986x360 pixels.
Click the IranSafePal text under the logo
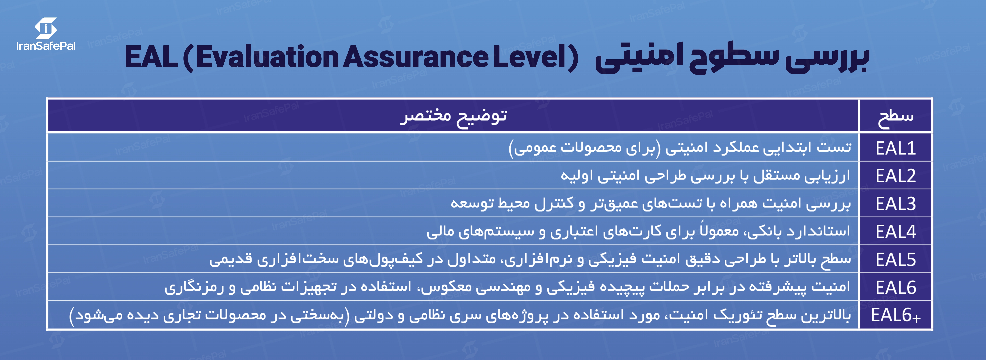[x=46, y=46]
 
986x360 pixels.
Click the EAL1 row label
[x=896, y=148]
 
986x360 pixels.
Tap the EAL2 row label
[x=896, y=176]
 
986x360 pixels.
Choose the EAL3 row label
[x=896, y=204]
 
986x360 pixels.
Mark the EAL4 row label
[x=896, y=232]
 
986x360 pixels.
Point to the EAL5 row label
[x=896, y=260]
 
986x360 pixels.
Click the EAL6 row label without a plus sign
[x=896, y=288]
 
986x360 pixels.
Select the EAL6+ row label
[x=896, y=316]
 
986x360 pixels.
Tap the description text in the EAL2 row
[x=705, y=176]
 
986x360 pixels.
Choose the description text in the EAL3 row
[x=651, y=204]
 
